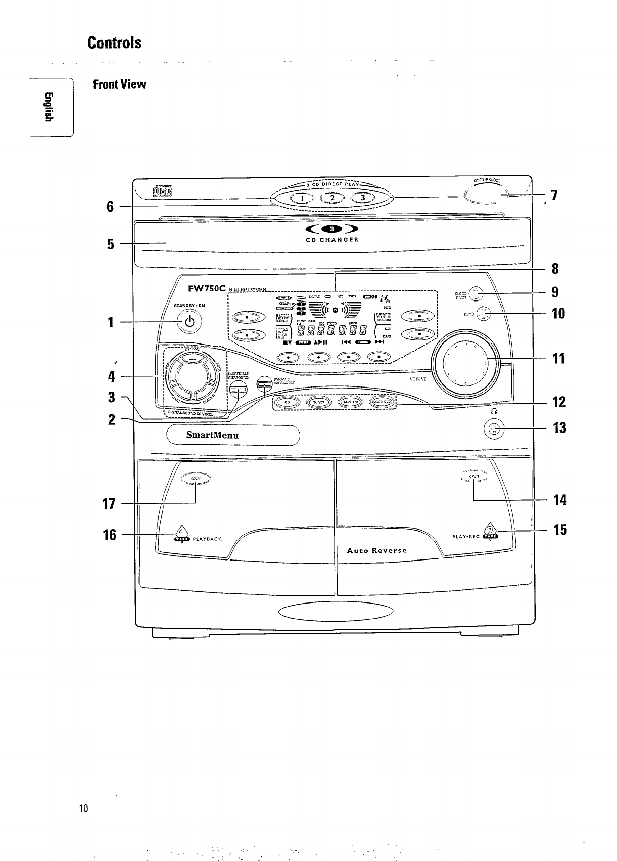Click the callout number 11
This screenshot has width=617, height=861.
pos(558,359)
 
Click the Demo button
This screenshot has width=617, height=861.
pos(484,314)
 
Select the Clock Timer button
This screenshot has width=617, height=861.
pos(477,293)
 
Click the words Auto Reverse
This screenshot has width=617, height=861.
pos(376,550)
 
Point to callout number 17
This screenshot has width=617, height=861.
pos(110,504)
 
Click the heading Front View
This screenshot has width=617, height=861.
pos(119,84)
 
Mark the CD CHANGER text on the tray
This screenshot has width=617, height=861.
pos(332,240)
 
